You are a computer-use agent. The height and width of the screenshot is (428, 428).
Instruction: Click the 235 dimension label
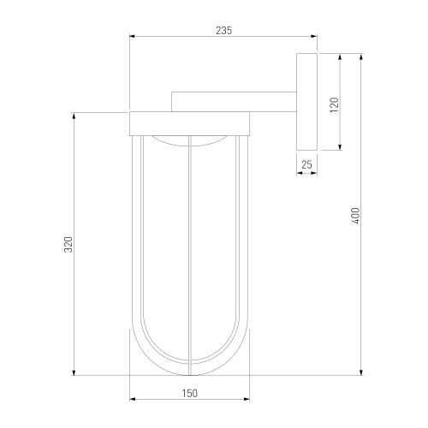(223, 31)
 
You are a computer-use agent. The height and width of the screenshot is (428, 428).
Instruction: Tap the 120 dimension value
(335, 104)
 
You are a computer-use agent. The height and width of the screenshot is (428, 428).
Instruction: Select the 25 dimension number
(306, 164)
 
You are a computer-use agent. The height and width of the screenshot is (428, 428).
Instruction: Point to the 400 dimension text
(355, 216)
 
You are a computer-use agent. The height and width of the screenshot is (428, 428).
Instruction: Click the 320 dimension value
(68, 244)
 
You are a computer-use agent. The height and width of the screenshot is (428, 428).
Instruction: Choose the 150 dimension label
(189, 394)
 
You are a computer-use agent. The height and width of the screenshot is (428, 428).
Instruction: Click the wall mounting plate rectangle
(306, 102)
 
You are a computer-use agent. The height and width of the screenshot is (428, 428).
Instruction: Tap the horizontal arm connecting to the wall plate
(234, 102)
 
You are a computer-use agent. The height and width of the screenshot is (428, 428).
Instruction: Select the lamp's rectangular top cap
(189, 124)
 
